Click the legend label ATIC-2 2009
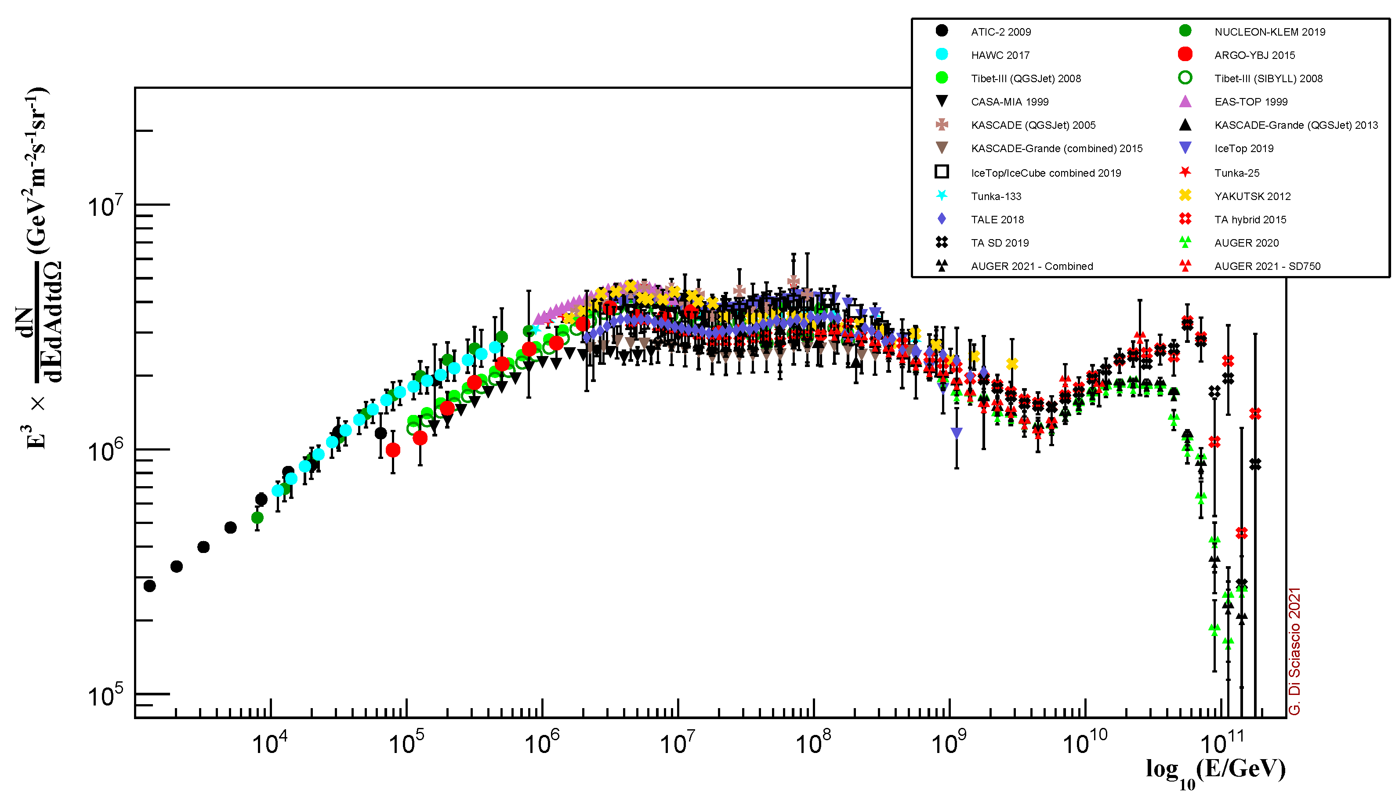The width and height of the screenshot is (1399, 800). tap(1000, 32)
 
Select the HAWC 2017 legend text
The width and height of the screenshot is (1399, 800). tap(1000, 55)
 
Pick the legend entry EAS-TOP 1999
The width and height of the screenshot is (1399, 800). tap(1251, 102)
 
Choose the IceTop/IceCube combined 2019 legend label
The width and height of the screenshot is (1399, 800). tap(1045, 173)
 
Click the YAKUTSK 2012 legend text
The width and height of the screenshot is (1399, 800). tap(1252, 196)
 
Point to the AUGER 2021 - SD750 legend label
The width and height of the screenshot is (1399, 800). tap(1267, 266)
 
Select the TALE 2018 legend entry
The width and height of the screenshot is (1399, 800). tap(997, 220)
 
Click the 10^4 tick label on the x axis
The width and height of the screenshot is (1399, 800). tap(270, 743)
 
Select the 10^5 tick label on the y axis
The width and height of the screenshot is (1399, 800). tap(105, 695)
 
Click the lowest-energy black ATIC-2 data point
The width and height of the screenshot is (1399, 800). tap(149, 585)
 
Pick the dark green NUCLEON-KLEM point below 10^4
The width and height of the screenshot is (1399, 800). tap(257, 518)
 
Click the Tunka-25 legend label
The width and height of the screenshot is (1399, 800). tap(1236, 173)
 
